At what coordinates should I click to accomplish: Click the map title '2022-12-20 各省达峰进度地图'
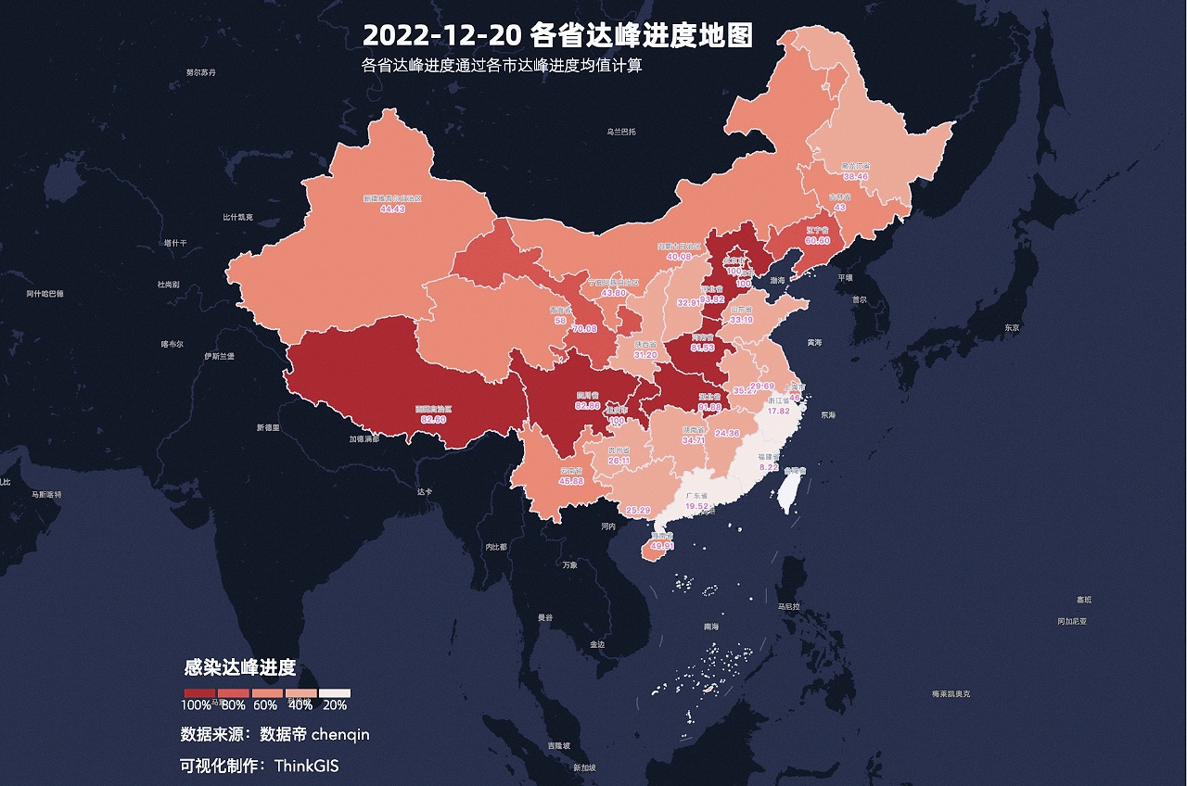[556, 35]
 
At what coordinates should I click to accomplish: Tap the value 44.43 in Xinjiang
[392, 209]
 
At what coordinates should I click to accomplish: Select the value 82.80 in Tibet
[433, 420]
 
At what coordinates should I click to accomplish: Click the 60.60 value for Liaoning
[817, 240]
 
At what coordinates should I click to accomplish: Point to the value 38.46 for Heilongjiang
[854, 176]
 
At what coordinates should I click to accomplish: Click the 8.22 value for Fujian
[769, 468]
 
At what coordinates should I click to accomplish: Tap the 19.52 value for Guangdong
[696, 507]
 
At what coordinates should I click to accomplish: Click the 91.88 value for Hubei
[709, 407]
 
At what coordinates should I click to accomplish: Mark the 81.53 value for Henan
[702, 348]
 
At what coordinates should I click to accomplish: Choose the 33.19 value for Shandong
[741, 320]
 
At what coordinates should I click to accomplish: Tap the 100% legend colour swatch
[199, 692]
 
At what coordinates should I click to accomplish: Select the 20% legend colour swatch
[335, 692]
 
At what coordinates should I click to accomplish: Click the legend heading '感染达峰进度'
[240, 668]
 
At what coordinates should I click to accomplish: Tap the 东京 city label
[1011, 328]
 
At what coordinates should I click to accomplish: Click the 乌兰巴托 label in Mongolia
[621, 133]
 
